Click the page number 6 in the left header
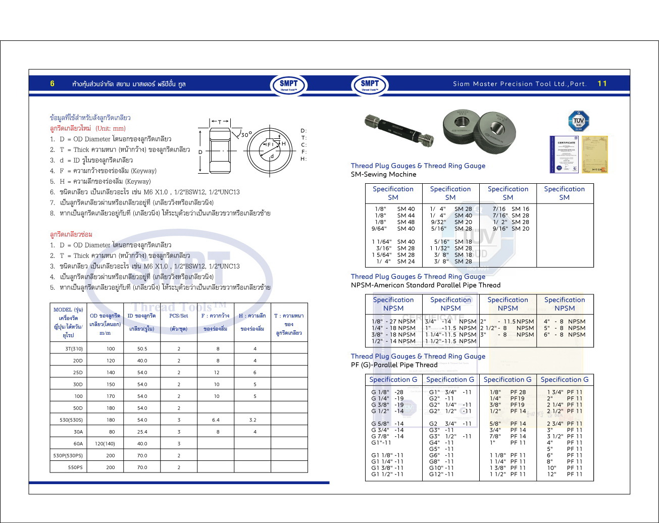[52, 84]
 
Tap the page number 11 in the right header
[602, 84]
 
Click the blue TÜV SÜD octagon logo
[579, 122]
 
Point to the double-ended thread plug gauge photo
[399, 127]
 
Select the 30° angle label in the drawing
[246, 135]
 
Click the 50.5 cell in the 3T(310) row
[142, 349]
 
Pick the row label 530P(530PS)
[68, 456]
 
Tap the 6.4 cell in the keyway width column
[216, 420]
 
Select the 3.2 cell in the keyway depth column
[252, 420]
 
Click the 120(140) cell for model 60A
[105, 444]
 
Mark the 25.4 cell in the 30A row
[142, 432]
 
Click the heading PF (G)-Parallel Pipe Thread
[394, 365]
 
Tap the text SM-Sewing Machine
[383, 175]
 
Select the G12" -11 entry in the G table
[441, 475]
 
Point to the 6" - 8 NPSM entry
[564, 335]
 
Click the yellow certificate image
[594, 154]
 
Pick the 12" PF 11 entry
[565, 475]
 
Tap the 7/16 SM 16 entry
[511, 209]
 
